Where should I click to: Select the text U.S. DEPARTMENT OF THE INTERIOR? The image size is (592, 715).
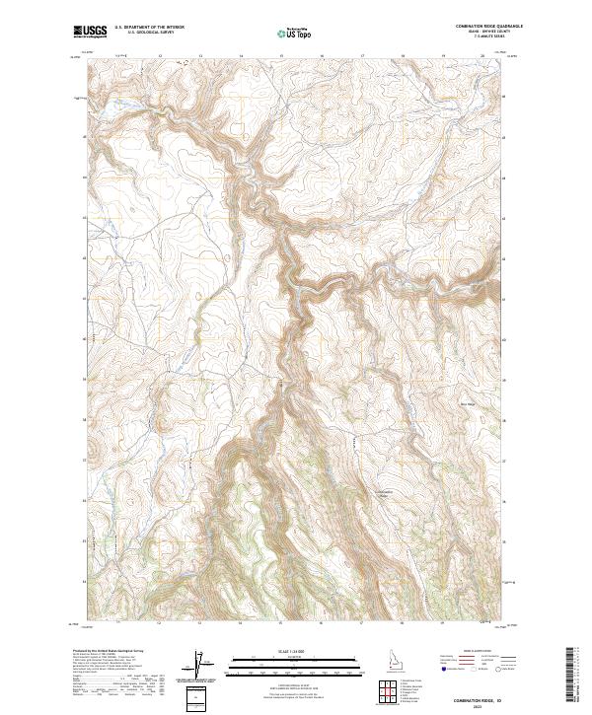click(149, 27)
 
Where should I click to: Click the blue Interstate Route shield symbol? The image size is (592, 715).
click(444, 670)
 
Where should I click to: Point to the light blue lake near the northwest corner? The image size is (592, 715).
click(183, 58)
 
